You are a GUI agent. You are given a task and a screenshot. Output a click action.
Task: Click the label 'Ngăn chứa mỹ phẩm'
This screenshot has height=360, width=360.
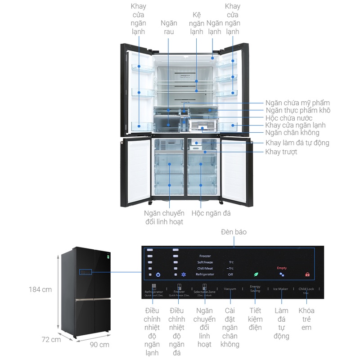[x=297, y=103]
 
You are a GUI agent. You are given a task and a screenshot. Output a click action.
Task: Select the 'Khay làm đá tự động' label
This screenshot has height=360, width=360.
[x=297, y=143]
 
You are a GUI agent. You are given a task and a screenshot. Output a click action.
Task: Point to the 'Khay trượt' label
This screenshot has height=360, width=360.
[x=281, y=152]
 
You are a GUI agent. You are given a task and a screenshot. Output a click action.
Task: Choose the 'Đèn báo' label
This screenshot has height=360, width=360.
[x=234, y=232]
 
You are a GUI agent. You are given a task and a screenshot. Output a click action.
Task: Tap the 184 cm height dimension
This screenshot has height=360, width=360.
[x=40, y=289]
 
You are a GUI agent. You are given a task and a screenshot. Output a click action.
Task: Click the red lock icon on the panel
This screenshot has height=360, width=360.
[x=307, y=274]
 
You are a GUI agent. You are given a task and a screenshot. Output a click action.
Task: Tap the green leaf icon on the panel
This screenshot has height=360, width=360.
[x=256, y=274]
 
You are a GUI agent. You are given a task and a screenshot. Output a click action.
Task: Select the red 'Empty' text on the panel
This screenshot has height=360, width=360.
[x=282, y=268]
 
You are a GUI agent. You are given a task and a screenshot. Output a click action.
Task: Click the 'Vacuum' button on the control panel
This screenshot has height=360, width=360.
[x=230, y=289]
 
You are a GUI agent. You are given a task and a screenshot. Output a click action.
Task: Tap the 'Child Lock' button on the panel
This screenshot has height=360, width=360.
[x=306, y=289]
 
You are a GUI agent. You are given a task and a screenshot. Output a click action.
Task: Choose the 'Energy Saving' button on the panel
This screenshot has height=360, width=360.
[x=255, y=289]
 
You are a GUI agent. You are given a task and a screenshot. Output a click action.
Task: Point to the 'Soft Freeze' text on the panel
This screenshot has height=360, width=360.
[x=205, y=262]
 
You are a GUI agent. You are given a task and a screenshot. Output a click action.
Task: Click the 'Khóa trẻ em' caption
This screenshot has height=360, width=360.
[x=306, y=319]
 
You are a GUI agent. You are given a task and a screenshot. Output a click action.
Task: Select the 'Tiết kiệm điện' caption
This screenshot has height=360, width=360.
[x=255, y=319]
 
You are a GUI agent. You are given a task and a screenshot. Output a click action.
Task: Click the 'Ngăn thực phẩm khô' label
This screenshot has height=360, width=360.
[x=298, y=110]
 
